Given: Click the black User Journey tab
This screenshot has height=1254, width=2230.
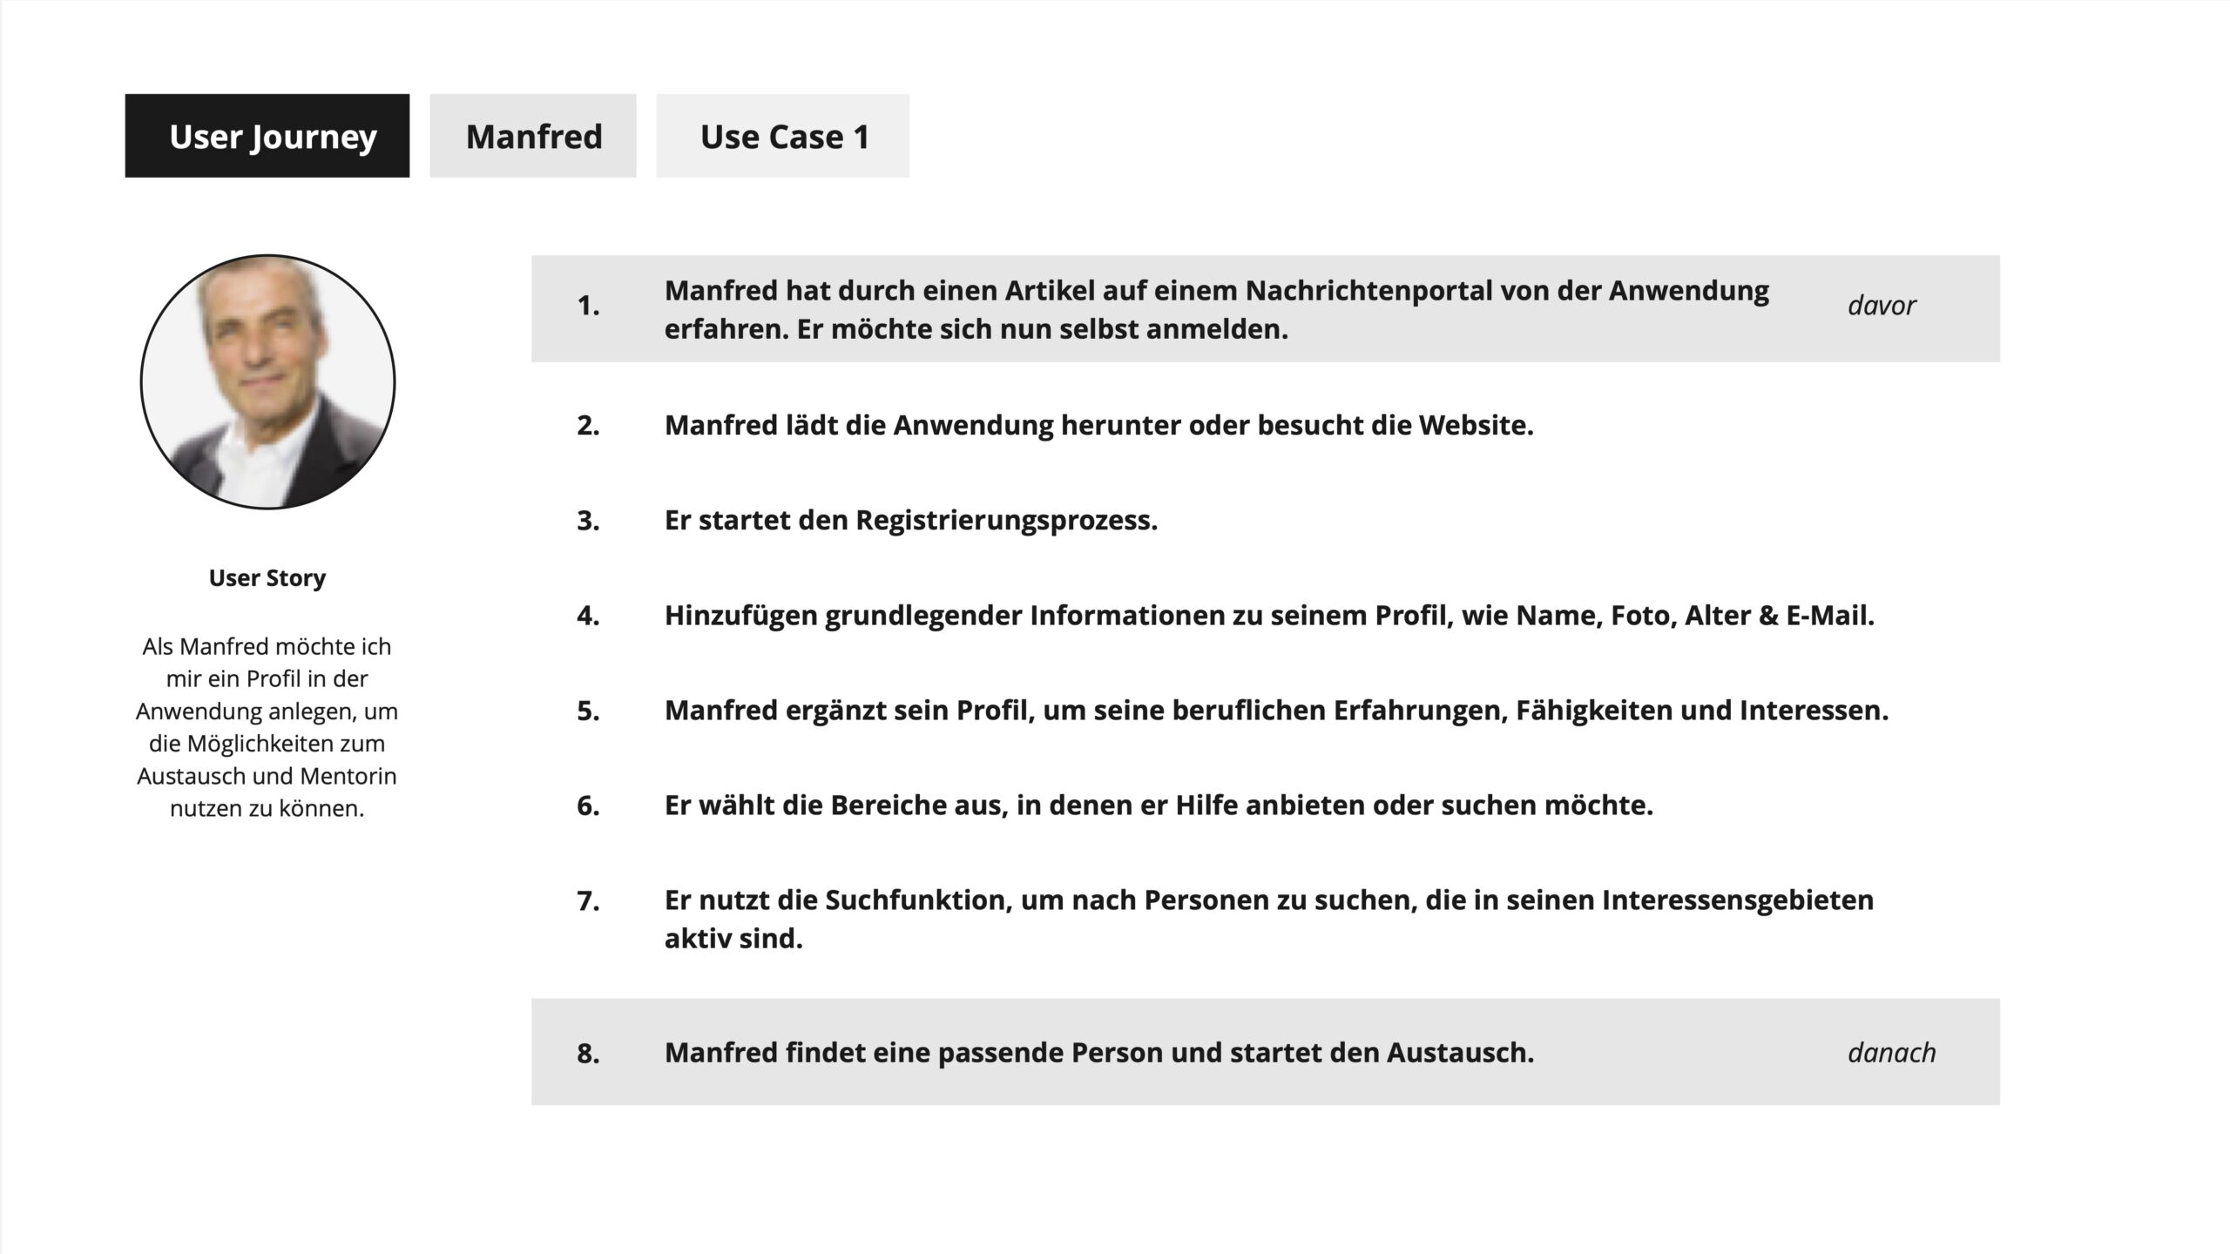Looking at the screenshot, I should pyautogui.click(x=267, y=136).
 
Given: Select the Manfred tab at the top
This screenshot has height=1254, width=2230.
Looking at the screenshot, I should pyautogui.click(x=533, y=136).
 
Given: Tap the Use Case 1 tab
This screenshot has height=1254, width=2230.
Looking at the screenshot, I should pyautogui.click(x=783, y=136).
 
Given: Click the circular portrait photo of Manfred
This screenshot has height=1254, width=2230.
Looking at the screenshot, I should pyautogui.click(x=267, y=381).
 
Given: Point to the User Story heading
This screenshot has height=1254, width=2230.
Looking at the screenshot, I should pyautogui.click(x=267, y=578).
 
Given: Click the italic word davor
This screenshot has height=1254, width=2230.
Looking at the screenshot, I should pyautogui.click(x=1882, y=306).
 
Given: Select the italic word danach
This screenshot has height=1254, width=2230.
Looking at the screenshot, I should pyautogui.click(x=1891, y=1053).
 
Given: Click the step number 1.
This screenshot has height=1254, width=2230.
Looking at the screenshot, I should pyautogui.click(x=588, y=306).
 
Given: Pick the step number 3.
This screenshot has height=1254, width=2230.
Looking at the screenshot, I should pyautogui.click(x=588, y=521).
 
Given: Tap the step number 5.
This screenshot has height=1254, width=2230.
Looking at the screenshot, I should pyautogui.click(x=588, y=711).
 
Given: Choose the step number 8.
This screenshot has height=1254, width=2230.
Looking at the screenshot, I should pyautogui.click(x=588, y=1054).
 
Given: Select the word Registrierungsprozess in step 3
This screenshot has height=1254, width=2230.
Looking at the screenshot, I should pyautogui.click(x=1005, y=521).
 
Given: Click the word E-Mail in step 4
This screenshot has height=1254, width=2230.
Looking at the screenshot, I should pyautogui.click(x=1828, y=616).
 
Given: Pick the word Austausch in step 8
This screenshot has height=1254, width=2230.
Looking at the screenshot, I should pyautogui.click(x=1459, y=1053).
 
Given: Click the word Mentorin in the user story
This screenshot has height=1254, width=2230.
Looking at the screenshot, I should pyautogui.click(x=348, y=776).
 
